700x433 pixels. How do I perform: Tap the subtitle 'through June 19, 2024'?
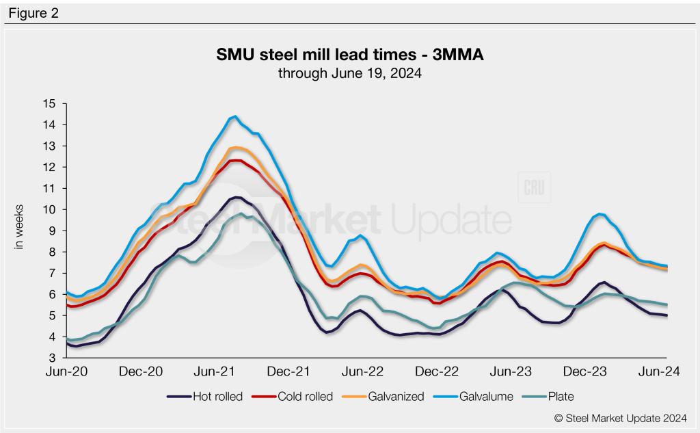(349, 73)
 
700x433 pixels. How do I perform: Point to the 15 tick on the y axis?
(49, 104)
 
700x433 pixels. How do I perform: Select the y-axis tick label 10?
(49, 209)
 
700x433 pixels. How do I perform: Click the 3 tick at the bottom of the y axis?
(51, 358)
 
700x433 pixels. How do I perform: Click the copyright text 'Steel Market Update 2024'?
(619, 417)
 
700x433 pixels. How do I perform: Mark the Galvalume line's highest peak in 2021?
(235, 116)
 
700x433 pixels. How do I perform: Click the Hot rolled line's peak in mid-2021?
(236, 197)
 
